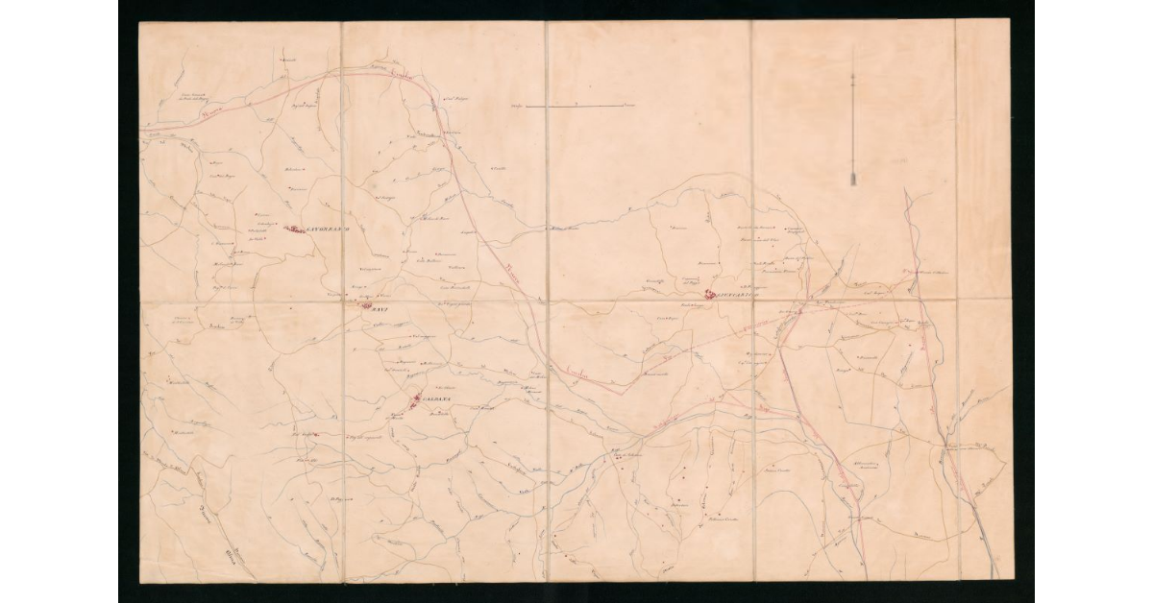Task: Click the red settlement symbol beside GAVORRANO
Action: coord(295,229)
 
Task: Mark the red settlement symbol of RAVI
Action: coord(364,307)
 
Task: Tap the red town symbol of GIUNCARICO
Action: coord(710,294)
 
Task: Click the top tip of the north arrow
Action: coord(853,50)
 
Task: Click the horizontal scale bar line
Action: coord(575,105)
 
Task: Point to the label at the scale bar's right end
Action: coord(630,105)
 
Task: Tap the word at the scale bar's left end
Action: coord(516,105)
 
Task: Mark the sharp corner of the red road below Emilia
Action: coord(625,388)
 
